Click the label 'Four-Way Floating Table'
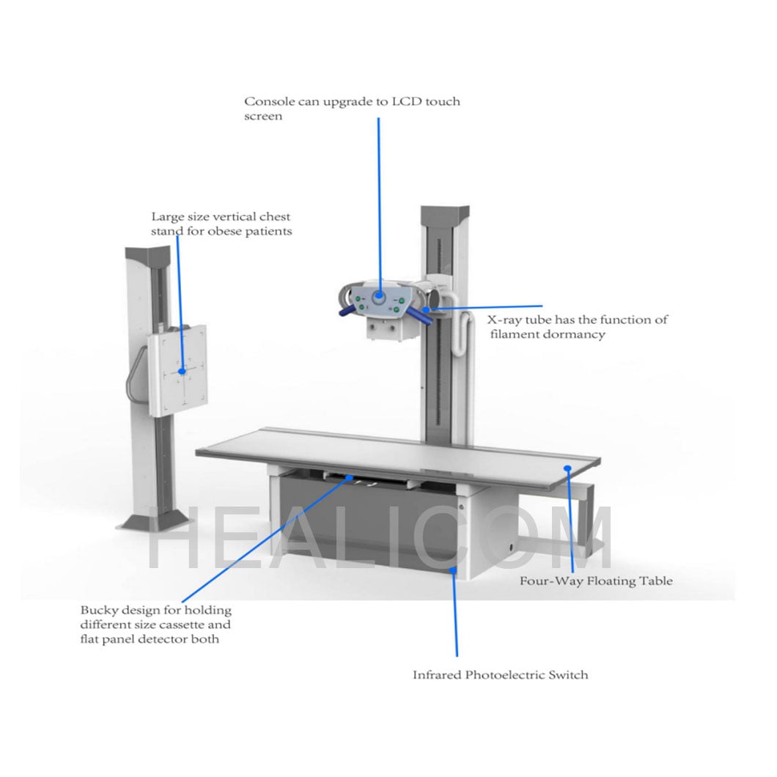click(x=596, y=581)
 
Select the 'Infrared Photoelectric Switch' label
click(x=501, y=675)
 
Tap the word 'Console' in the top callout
click(x=270, y=102)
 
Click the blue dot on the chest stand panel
click(x=182, y=371)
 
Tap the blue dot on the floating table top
click(x=568, y=468)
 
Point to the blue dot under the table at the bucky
click(x=350, y=478)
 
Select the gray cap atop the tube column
click(x=445, y=213)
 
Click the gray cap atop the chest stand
click(x=147, y=257)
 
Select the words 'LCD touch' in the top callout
click(x=426, y=102)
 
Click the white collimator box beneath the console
click(x=385, y=329)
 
